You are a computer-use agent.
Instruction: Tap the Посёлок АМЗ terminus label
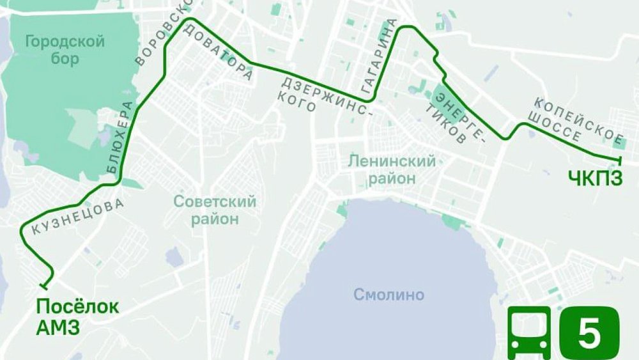click(77, 317)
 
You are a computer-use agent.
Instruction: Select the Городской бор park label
click(63, 51)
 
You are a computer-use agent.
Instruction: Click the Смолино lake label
click(389, 295)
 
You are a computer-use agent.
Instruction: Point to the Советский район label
click(215, 210)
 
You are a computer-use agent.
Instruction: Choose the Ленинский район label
click(391, 169)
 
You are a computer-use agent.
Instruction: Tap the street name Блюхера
click(121, 137)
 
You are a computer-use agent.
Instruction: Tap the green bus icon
click(528, 333)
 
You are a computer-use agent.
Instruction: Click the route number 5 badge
click(589, 333)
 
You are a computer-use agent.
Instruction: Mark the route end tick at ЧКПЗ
click(620, 159)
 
